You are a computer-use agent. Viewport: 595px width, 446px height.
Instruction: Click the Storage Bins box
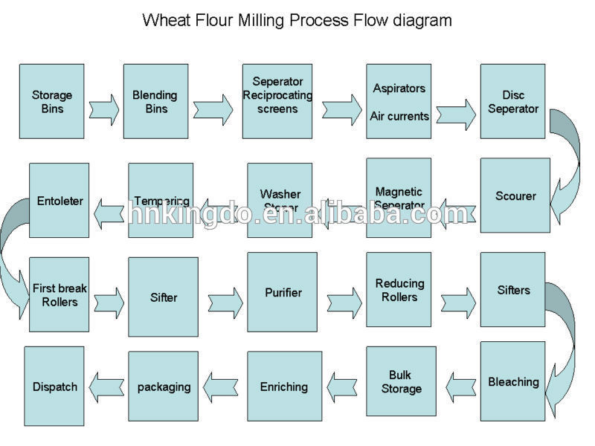coord(51,101)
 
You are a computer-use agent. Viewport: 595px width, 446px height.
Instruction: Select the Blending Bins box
coord(155,101)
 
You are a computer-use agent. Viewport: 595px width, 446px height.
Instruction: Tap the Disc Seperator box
coord(512,101)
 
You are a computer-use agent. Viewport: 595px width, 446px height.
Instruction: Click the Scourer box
coord(515,196)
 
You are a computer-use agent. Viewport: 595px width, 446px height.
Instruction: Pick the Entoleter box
coord(59,200)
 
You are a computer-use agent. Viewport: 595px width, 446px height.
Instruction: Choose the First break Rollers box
coord(59,294)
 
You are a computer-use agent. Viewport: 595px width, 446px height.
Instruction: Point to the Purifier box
coord(283,292)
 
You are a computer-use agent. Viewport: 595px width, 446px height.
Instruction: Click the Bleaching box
coord(512,381)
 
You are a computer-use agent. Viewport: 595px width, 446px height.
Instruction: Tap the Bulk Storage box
coord(400,382)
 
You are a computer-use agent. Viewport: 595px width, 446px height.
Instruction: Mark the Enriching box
coord(283,387)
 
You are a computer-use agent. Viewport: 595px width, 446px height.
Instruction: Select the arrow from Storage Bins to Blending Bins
coord(103,109)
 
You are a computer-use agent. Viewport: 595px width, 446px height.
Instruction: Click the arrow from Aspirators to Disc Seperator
coord(455,114)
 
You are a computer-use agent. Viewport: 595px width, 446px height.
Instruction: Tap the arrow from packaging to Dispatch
coord(107,387)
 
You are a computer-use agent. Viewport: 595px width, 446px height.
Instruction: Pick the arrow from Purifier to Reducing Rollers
coord(342,299)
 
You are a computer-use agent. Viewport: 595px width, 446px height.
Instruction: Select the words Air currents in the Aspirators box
coord(399,116)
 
